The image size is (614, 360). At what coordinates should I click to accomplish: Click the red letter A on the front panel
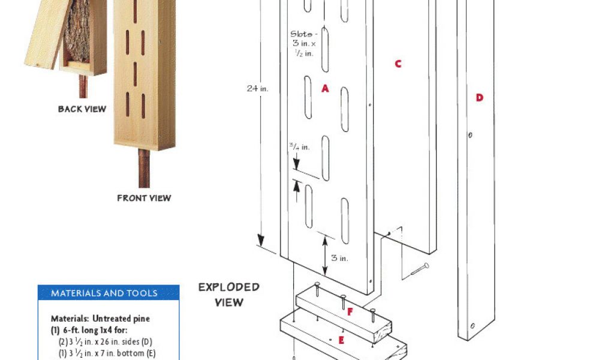coord(325,89)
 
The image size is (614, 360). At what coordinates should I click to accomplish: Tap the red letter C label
coord(398,64)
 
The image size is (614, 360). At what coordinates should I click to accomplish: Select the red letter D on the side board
coord(479,98)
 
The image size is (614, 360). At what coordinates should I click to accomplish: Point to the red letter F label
coord(350,312)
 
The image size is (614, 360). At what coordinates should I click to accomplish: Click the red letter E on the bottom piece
coord(341,340)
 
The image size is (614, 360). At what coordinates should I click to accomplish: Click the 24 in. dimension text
coord(257,89)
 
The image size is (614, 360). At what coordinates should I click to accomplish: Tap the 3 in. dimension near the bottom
coord(339,258)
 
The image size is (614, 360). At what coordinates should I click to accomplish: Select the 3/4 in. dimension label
coord(300,147)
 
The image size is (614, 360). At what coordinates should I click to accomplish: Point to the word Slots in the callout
coord(302,34)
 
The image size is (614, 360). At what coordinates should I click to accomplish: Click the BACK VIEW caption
coord(82,109)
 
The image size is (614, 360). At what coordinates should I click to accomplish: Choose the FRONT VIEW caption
coord(144,198)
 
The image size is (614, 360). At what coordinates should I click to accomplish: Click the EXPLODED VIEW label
coord(228,295)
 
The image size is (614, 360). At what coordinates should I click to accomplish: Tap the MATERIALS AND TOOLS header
coord(104,293)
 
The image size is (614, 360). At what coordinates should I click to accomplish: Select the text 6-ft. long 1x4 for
coord(95,330)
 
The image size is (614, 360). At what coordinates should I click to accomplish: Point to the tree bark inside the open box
coord(77,31)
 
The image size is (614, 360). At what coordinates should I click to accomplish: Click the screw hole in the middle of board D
coord(470,135)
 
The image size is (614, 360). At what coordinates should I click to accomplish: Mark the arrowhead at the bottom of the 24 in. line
coord(261,241)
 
